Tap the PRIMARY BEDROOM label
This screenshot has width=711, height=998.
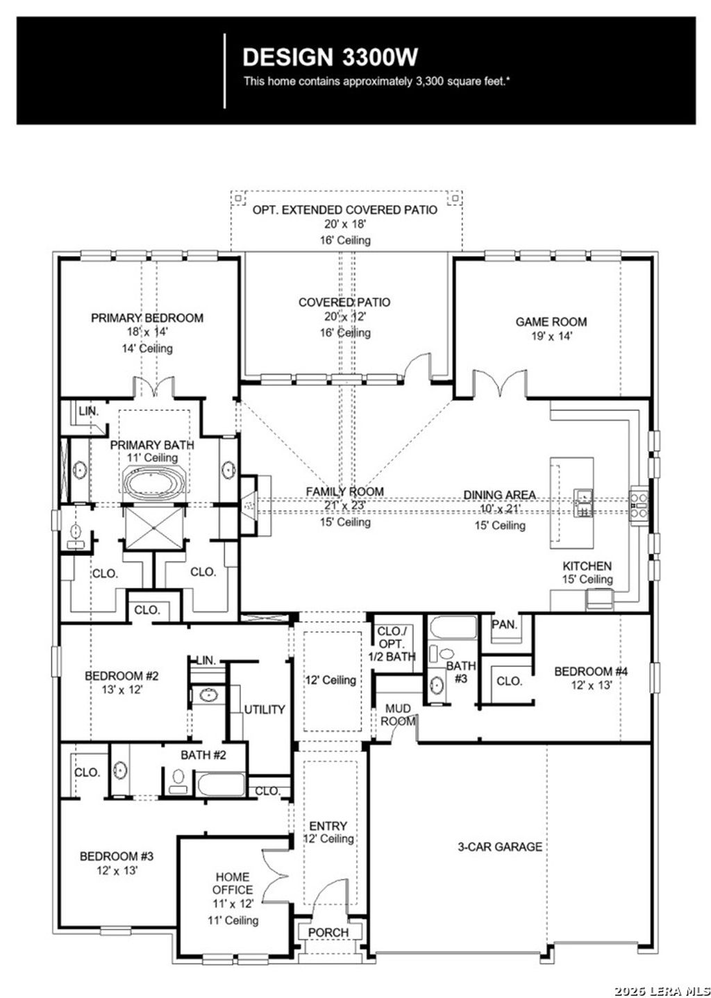(x=147, y=318)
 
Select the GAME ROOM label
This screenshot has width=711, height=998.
(x=551, y=321)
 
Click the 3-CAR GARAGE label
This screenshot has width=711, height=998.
(x=499, y=847)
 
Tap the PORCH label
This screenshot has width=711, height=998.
(x=328, y=932)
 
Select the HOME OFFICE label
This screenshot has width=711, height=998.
(x=233, y=883)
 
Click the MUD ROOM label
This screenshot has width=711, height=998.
(x=398, y=714)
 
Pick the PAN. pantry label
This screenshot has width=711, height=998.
(x=505, y=624)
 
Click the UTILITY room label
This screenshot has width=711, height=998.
(x=264, y=709)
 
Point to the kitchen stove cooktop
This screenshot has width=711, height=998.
(x=638, y=506)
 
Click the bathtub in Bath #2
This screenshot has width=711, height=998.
(x=221, y=784)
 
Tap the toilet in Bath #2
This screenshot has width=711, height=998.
(x=178, y=781)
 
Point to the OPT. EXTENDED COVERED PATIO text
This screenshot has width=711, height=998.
(x=344, y=210)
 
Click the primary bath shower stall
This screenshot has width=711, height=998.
(x=153, y=527)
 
